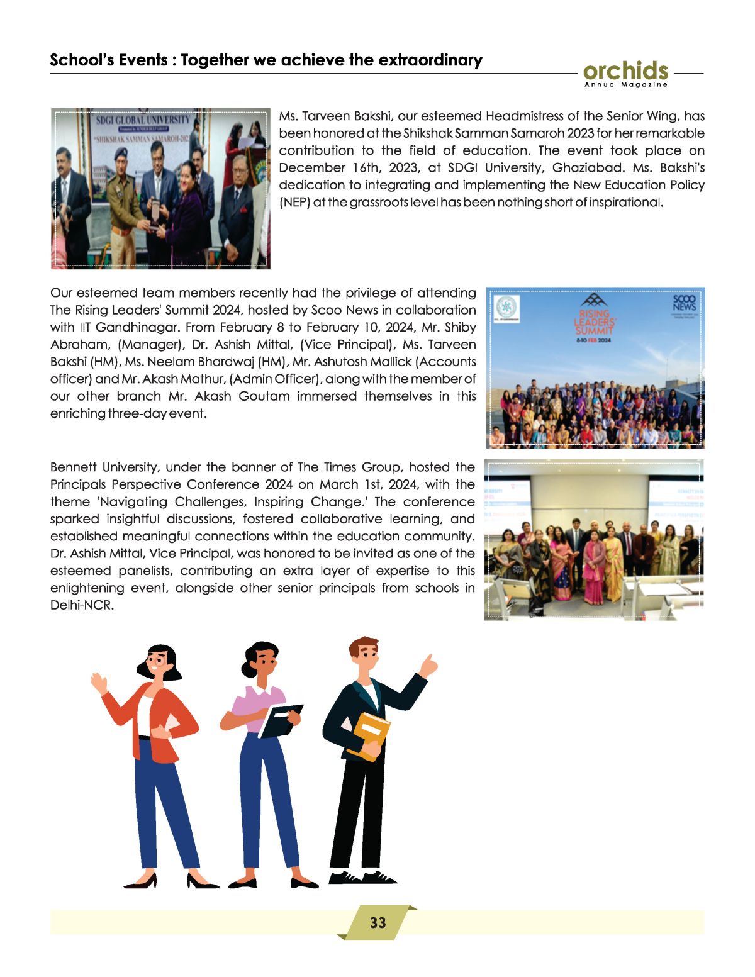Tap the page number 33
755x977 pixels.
coord(377,922)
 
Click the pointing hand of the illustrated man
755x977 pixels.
coord(429,666)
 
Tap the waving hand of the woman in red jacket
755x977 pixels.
coord(99,683)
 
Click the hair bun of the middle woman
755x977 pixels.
coord(247,656)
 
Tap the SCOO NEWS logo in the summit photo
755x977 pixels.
coord(684,303)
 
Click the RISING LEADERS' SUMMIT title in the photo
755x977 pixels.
coord(594,321)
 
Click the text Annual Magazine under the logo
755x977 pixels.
coord(625,85)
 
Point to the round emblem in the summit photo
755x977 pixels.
coord(505,307)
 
